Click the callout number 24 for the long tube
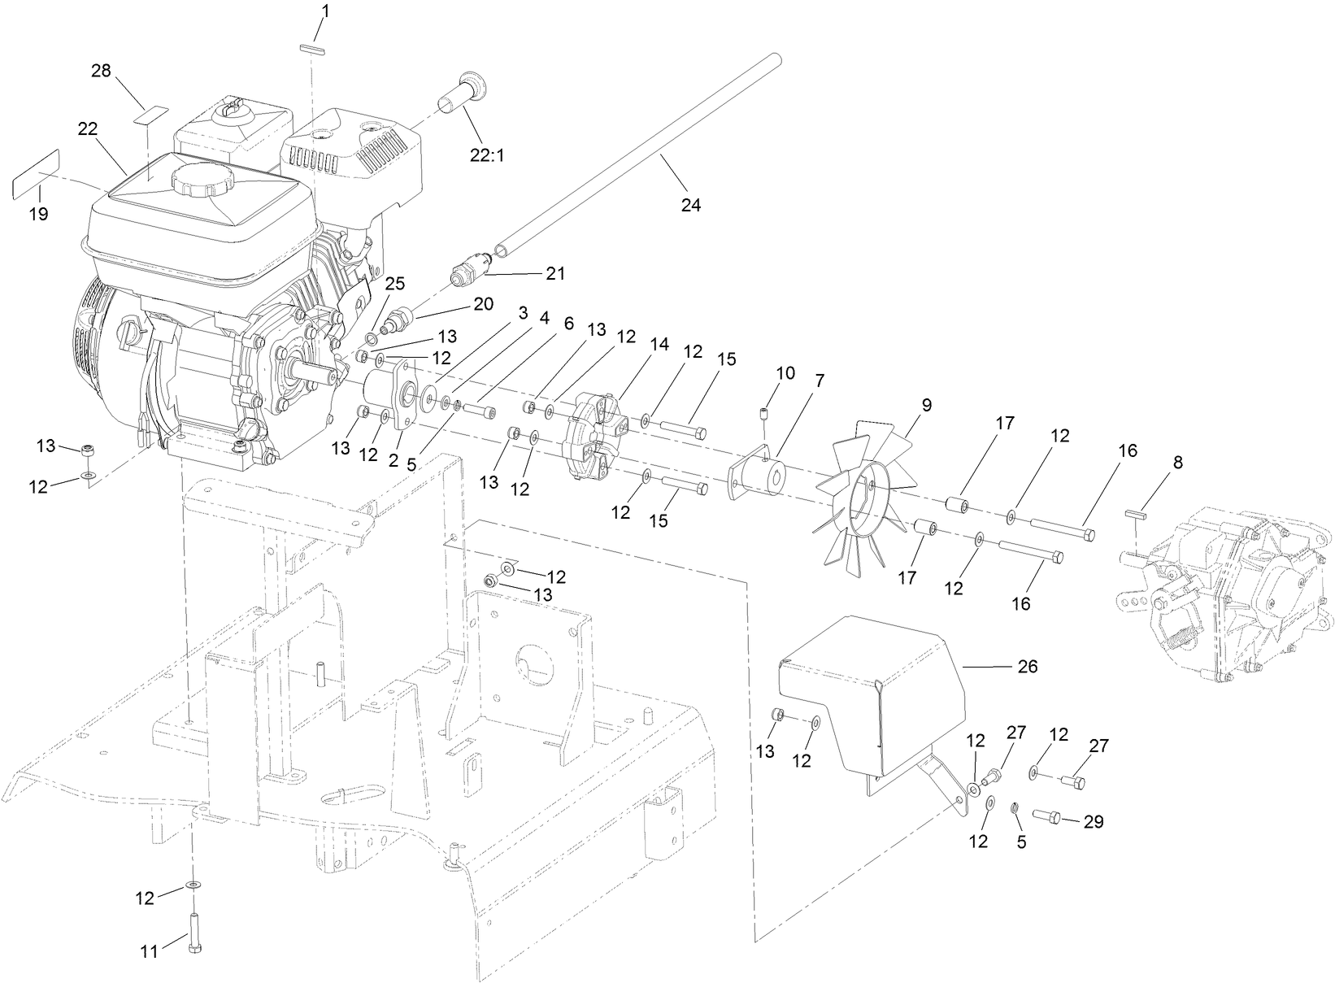coord(690,206)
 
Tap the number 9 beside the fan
coord(926,404)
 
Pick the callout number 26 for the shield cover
coord(1028,666)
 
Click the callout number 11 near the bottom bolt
coord(150,950)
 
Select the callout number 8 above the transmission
coord(1178,463)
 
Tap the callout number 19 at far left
coord(38,214)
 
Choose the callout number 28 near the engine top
coord(101,71)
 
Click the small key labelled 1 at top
coord(311,49)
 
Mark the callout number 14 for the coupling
coord(659,344)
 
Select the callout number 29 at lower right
coord(1094,822)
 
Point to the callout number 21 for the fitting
coord(555,273)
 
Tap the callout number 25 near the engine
coord(394,283)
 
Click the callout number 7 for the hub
coord(819,380)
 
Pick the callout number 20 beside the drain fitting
coord(483,303)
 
